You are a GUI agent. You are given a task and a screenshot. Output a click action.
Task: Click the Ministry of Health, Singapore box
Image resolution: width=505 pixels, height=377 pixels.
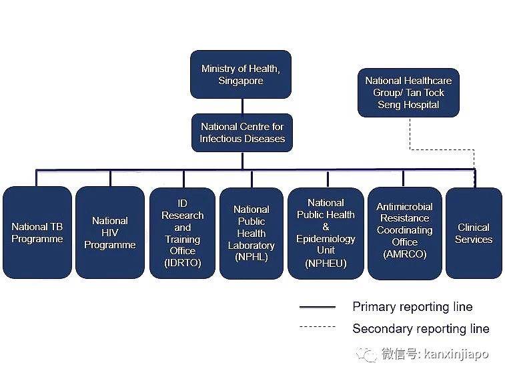click(x=241, y=74)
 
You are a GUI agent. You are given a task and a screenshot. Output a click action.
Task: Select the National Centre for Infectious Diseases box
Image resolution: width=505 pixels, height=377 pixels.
click(x=242, y=132)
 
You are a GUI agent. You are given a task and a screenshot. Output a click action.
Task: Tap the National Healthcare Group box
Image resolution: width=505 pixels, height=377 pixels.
click(x=408, y=93)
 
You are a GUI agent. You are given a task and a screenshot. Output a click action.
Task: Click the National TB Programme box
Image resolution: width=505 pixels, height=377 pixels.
click(x=37, y=232)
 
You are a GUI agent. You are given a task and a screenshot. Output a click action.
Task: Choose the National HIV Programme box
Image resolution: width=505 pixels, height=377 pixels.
click(x=109, y=232)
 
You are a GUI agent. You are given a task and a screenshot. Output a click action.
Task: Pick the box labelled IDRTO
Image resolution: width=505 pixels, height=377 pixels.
click(x=182, y=232)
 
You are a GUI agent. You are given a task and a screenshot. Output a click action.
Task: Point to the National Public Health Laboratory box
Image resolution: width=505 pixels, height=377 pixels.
click(x=251, y=232)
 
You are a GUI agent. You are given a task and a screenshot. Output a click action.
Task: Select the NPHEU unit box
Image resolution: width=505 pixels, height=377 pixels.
click(x=326, y=232)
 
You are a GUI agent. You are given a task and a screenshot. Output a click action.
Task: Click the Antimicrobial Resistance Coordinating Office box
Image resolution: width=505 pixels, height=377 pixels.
click(x=404, y=232)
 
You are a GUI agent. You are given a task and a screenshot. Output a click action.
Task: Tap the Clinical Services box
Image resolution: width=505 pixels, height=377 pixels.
click(x=473, y=232)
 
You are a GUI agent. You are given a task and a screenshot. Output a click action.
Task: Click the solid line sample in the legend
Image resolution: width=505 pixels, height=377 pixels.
click(x=318, y=307)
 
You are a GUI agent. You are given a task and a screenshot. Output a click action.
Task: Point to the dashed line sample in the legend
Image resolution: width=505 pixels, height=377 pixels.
click(x=318, y=327)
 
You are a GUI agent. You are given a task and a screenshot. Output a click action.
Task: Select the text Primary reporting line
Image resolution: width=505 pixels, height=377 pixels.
click(x=412, y=307)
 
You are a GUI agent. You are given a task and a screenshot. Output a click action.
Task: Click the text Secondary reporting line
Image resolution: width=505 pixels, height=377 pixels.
click(x=420, y=328)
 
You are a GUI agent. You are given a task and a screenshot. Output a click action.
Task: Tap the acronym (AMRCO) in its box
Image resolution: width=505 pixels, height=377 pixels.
click(x=404, y=254)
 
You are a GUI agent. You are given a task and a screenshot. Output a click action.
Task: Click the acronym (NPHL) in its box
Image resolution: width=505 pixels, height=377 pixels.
click(x=251, y=258)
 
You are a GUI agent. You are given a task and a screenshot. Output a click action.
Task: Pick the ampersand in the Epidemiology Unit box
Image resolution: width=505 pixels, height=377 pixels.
click(x=326, y=227)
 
